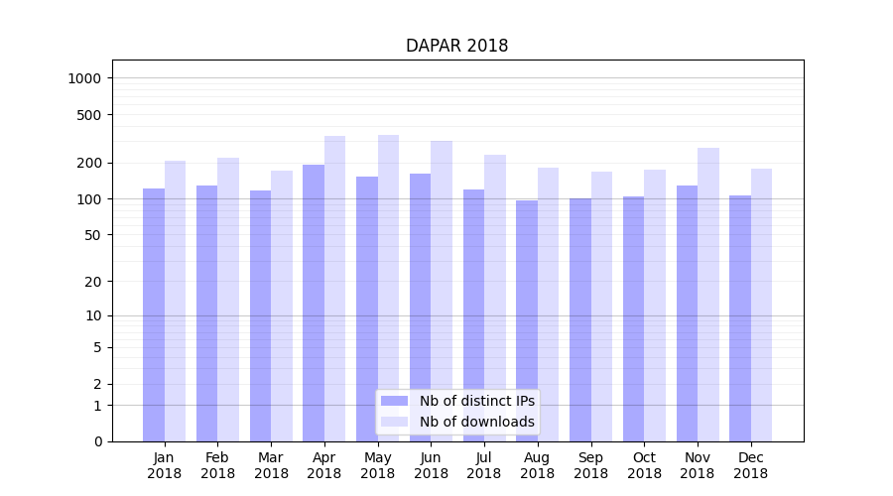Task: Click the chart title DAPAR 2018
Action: pos(456,47)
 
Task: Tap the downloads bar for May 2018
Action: pos(388,288)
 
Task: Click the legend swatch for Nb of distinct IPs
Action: pos(394,401)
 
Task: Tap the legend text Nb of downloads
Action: pos(477,422)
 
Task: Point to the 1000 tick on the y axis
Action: pos(86,78)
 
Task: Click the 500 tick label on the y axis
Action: pos(90,115)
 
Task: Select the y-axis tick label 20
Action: pos(94,282)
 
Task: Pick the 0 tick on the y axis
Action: pos(98,441)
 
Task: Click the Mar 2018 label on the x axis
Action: pos(271,465)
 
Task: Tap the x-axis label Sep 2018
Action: pos(590,465)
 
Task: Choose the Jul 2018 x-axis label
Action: pos(484,465)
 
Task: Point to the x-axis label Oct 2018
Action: pos(644,465)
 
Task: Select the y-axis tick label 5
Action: pos(98,347)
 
